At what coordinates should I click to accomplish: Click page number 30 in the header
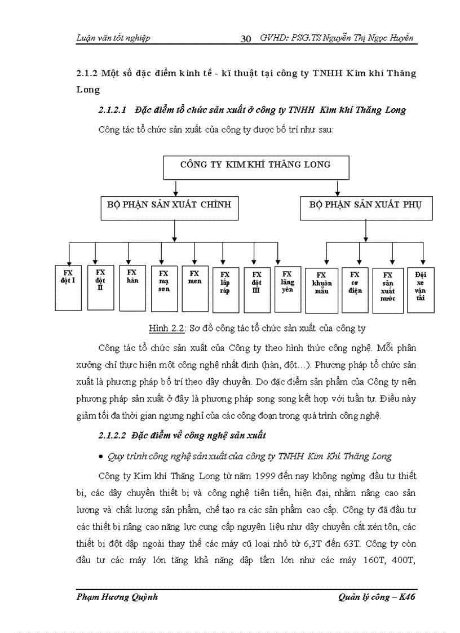[x=246, y=38]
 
